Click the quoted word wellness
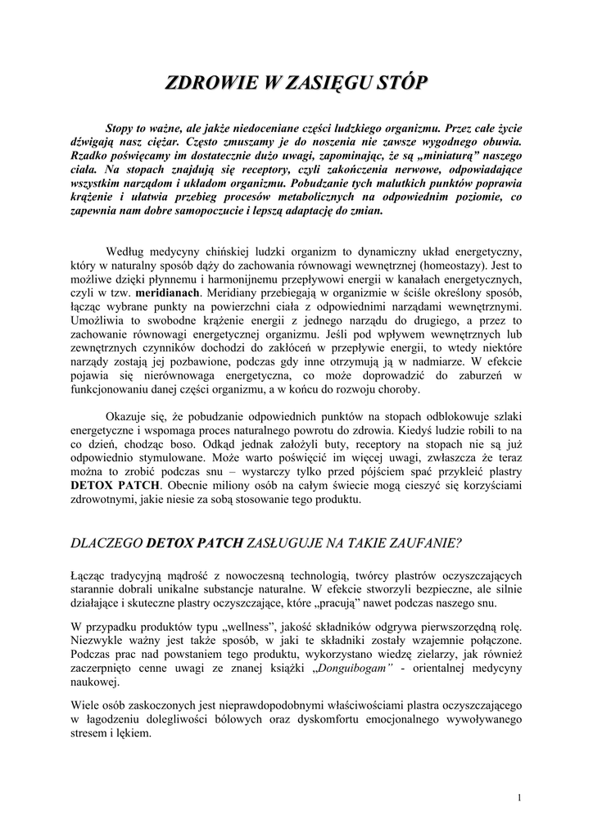pos(256,627)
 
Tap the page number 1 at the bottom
pos(520,797)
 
